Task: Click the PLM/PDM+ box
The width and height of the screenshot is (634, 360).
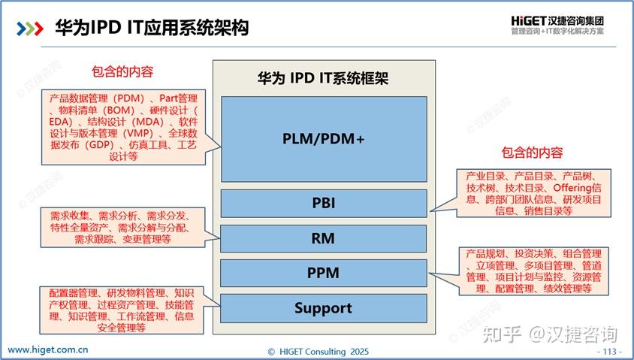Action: pyautogui.click(x=323, y=138)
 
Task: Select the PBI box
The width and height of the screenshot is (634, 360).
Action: pyautogui.click(x=323, y=203)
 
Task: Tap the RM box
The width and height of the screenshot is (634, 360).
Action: pyautogui.click(x=323, y=239)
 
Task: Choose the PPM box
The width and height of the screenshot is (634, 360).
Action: pyautogui.click(x=323, y=274)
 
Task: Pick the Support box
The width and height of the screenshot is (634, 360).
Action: pyautogui.click(x=323, y=308)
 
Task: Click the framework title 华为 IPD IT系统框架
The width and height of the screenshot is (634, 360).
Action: pyautogui.click(x=322, y=78)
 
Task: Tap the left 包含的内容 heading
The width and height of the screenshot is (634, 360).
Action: pyautogui.click(x=122, y=72)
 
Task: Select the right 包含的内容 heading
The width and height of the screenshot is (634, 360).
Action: pyautogui.click(x=532, y=153)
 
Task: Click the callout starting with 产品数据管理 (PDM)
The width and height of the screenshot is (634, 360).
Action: pyautogui.click(x=123, y=127)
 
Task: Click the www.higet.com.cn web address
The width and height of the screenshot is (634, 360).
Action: pyautogui.click(x=49, y=349)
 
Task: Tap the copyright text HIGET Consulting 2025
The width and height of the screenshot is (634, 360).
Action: pyautogui.click(x=319, y=351)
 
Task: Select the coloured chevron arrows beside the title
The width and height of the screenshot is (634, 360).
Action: pyautogui.click(x=30, y=29)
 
